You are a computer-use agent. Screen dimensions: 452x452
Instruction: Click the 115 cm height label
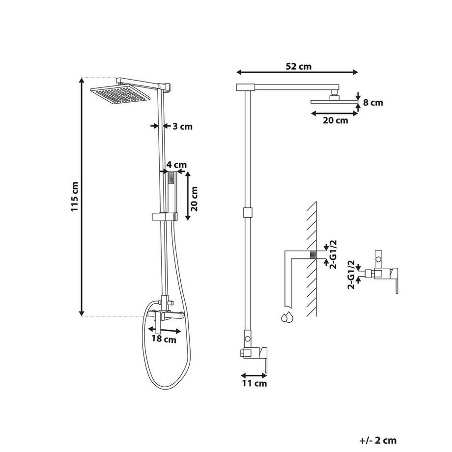point(75,197)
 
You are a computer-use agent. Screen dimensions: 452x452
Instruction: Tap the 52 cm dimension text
point(298,66)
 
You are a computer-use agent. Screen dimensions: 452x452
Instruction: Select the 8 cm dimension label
point(373,102)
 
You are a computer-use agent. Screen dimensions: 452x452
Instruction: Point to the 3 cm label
point(182,126)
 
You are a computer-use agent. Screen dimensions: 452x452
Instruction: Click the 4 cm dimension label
point(176,165)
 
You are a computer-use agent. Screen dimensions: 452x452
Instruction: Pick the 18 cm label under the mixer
point(164,339)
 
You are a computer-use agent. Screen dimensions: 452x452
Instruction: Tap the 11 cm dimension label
point(254,383)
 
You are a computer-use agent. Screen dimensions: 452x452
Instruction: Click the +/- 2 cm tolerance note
point(378,441)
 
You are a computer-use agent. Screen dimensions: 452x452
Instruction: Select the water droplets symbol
point(287,317)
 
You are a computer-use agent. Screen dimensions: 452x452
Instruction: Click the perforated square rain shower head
point(120,94)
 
